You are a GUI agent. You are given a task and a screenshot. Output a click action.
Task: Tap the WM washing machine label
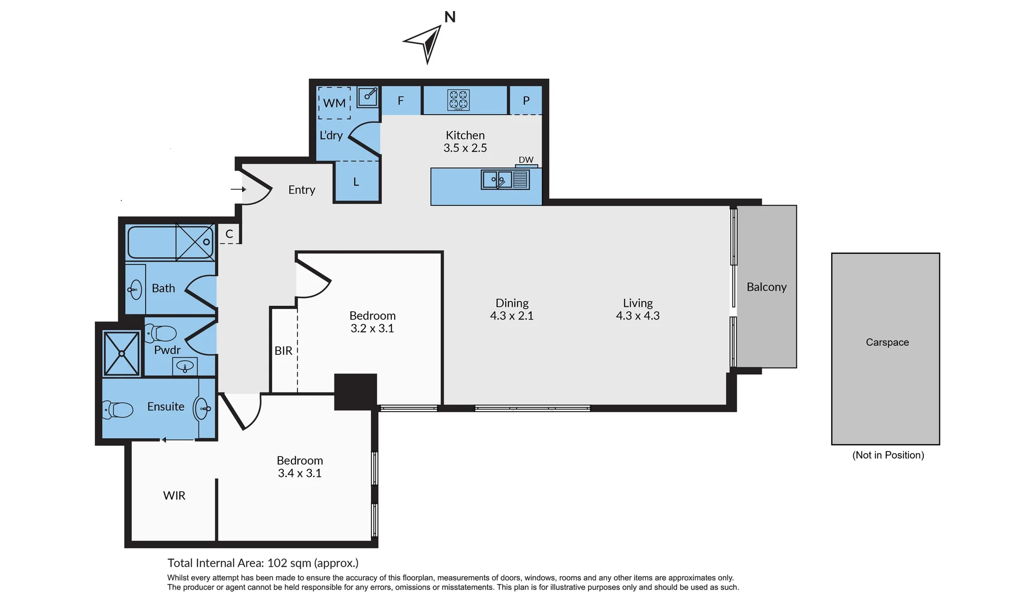click(x=334, y=103)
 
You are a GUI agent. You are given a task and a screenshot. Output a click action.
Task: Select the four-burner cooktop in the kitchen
click(x=459, y=100)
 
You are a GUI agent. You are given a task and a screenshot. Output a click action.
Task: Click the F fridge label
click(x=401, y=101)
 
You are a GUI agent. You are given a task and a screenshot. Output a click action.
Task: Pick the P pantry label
click(x=526, y=101)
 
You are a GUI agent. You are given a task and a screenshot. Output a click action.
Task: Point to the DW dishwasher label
click(x=526, y=160)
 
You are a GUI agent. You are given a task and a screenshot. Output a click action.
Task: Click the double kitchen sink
click(x=497, y=180)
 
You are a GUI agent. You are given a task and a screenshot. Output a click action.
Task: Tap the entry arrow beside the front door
click(x=238, y=189)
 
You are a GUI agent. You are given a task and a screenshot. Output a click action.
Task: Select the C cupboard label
click(x=229, y=234)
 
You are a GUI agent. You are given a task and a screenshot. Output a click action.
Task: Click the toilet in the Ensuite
click(x=119, y=410)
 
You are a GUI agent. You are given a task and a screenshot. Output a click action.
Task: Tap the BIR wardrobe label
click(x=283, y=351)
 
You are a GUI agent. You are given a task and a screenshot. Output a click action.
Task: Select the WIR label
click(x=174, y=496)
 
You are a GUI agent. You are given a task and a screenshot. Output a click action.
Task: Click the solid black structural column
click(x=355, y=392)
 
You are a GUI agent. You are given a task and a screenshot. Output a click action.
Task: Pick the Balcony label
click(x=766, y=287)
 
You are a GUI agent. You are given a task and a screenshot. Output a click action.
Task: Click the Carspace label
click(x=887, y=342)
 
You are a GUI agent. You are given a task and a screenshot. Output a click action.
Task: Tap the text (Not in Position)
click(x=888, y=455)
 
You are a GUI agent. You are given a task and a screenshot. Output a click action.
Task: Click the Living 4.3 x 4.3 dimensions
click(x=637, y=316)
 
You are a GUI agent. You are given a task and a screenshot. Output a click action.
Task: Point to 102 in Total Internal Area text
click(x=277, y=563)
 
